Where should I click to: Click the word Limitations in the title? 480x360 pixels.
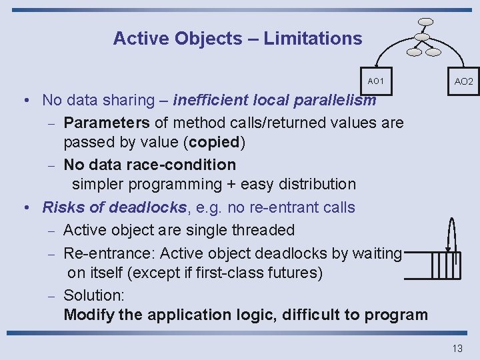point(313,39)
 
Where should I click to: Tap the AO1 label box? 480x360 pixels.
point(376,81)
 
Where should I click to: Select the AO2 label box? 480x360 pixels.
point(463,81)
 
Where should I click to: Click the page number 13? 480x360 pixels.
point(457,349)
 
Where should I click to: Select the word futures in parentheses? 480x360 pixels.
point(292,273)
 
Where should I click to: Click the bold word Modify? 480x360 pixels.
point(89,315)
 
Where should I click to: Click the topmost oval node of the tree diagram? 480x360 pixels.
point(426,21)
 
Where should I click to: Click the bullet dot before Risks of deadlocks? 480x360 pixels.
point(25,207)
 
